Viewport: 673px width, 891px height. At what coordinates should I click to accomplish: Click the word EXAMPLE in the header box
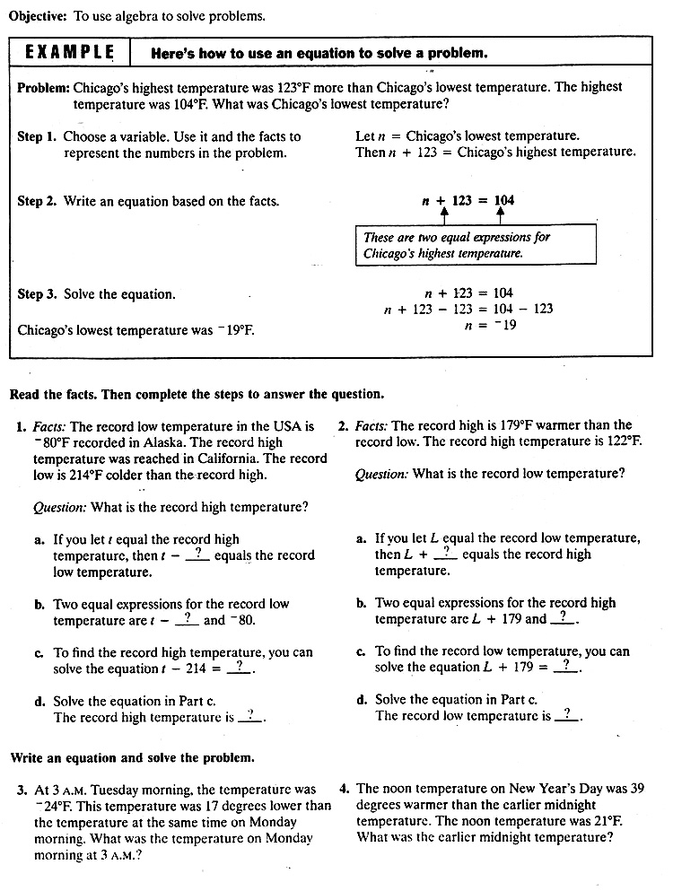[x=70, y=52]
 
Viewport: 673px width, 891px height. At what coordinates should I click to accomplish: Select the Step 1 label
[x=38, y=136]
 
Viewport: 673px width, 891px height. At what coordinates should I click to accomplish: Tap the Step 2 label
[x=38, y=201]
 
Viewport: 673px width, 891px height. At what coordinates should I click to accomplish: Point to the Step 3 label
[x=38, y=293]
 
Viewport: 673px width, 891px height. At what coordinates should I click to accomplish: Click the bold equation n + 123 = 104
[x=468, y=201]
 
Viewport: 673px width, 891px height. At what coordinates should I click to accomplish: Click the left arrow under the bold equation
[x=444, y=216]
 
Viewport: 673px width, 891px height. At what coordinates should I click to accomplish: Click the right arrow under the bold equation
[x=500, y=216]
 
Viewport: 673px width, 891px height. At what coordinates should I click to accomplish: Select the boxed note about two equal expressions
[x=476, y=246]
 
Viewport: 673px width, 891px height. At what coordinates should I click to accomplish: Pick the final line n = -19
[x=490, y=326]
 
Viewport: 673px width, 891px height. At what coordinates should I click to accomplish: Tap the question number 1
[x=21, y=427]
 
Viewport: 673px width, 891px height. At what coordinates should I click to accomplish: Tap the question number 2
[x=344, y=425]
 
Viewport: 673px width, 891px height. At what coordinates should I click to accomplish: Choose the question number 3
[x=21, y=791]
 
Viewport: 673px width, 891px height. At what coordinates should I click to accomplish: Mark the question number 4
[x=345, y=790]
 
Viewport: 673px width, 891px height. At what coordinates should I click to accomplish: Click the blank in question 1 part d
[x=250, y=716]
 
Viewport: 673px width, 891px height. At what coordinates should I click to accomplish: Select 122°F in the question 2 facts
[x=624, y=441]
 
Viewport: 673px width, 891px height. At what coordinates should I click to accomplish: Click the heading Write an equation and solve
[x=133, y=758]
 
